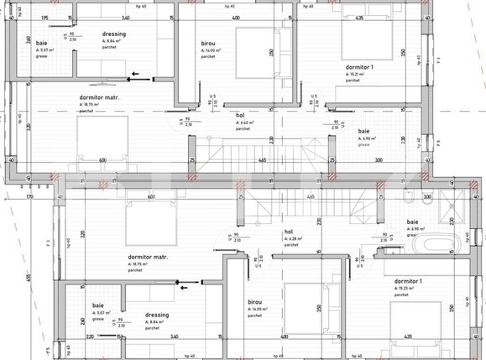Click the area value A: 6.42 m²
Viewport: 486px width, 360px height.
(x=243, y=123)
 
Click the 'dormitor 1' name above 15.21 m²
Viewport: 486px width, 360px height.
(x=358, y=66)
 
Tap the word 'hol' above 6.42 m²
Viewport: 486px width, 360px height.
(x=240, y=116)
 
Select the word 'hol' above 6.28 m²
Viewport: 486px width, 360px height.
(x=289, y=232)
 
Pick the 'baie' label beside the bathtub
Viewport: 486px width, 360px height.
(x=412, y=222)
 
